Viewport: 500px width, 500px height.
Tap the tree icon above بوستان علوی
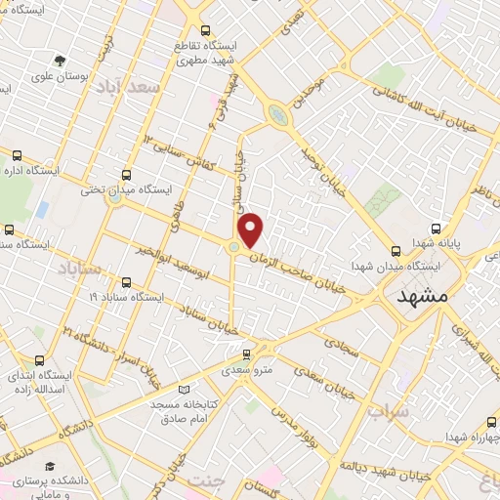(60, 61)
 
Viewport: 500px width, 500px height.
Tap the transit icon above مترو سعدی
(248, 353)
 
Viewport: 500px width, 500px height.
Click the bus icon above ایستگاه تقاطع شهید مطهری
(204, 31)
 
